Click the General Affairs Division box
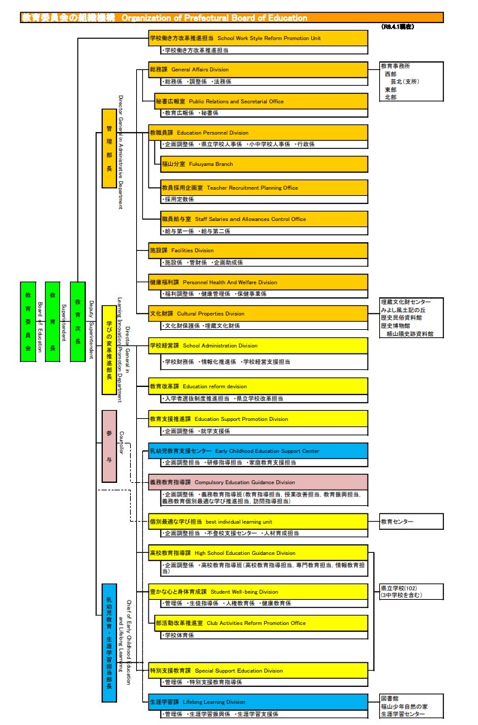(258, 69)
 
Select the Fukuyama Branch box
(264, 164)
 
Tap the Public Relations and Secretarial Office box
(261, 101)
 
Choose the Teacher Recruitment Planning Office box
(264, 188)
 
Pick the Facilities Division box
(258, 250)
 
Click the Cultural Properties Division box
(258, 314)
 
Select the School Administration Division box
(258, 345)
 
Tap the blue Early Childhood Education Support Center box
(258, 451)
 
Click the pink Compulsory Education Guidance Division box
(258, 482)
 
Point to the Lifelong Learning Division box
(258, 702)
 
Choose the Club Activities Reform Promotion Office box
(261, 623)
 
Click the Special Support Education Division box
(258, 671)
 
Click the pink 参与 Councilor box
(109, 445)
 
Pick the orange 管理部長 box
(109, 148)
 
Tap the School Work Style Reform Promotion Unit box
(258, 38)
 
